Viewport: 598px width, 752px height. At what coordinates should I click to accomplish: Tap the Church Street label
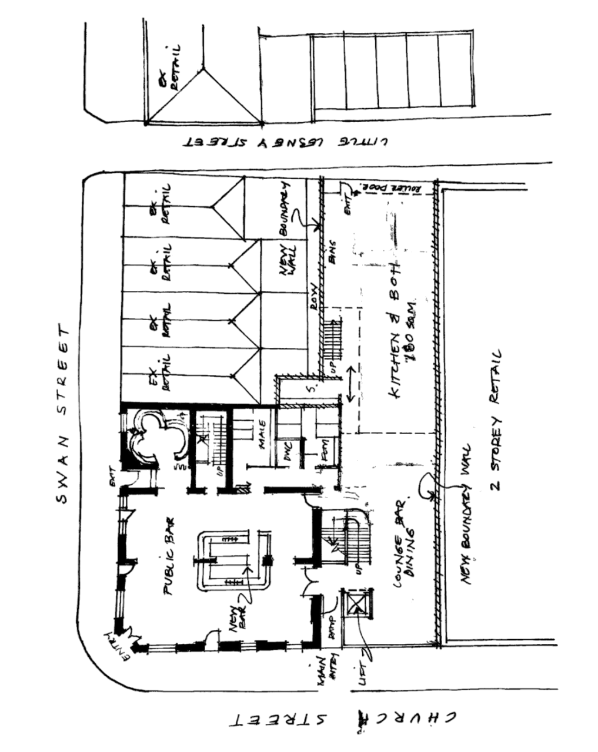tap(346, 720)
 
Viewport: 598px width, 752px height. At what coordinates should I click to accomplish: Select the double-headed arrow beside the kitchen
tap(350, 384)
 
